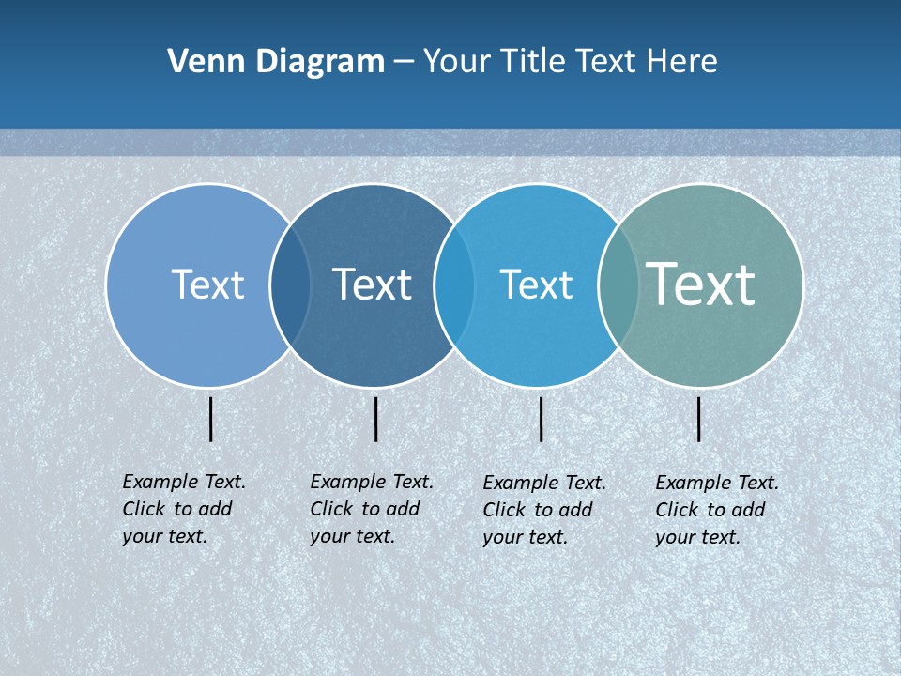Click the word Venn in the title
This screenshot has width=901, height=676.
coord(200,62)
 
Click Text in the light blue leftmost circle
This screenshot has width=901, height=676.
coord(207,284)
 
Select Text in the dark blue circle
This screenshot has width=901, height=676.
coord(372,284)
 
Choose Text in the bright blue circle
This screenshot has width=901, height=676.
coord(536,284)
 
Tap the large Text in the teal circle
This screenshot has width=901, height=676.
coord(700,284)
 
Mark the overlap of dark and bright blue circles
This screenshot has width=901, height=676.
coord(454,285)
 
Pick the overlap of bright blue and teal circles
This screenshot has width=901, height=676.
coord(618,285)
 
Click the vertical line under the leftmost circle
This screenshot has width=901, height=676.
coord(211,419)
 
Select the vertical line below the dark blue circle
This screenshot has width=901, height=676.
coord(375,419)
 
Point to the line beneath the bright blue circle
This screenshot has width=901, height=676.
coord(541,419)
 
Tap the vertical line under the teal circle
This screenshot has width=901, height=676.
coord(698,419)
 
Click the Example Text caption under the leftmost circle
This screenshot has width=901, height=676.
coord(183,509)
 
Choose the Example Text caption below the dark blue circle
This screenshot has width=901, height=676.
coord(371,509)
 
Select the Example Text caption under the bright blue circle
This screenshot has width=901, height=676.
coord(543,510)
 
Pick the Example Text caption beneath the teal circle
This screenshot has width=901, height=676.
coord(716,510)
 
